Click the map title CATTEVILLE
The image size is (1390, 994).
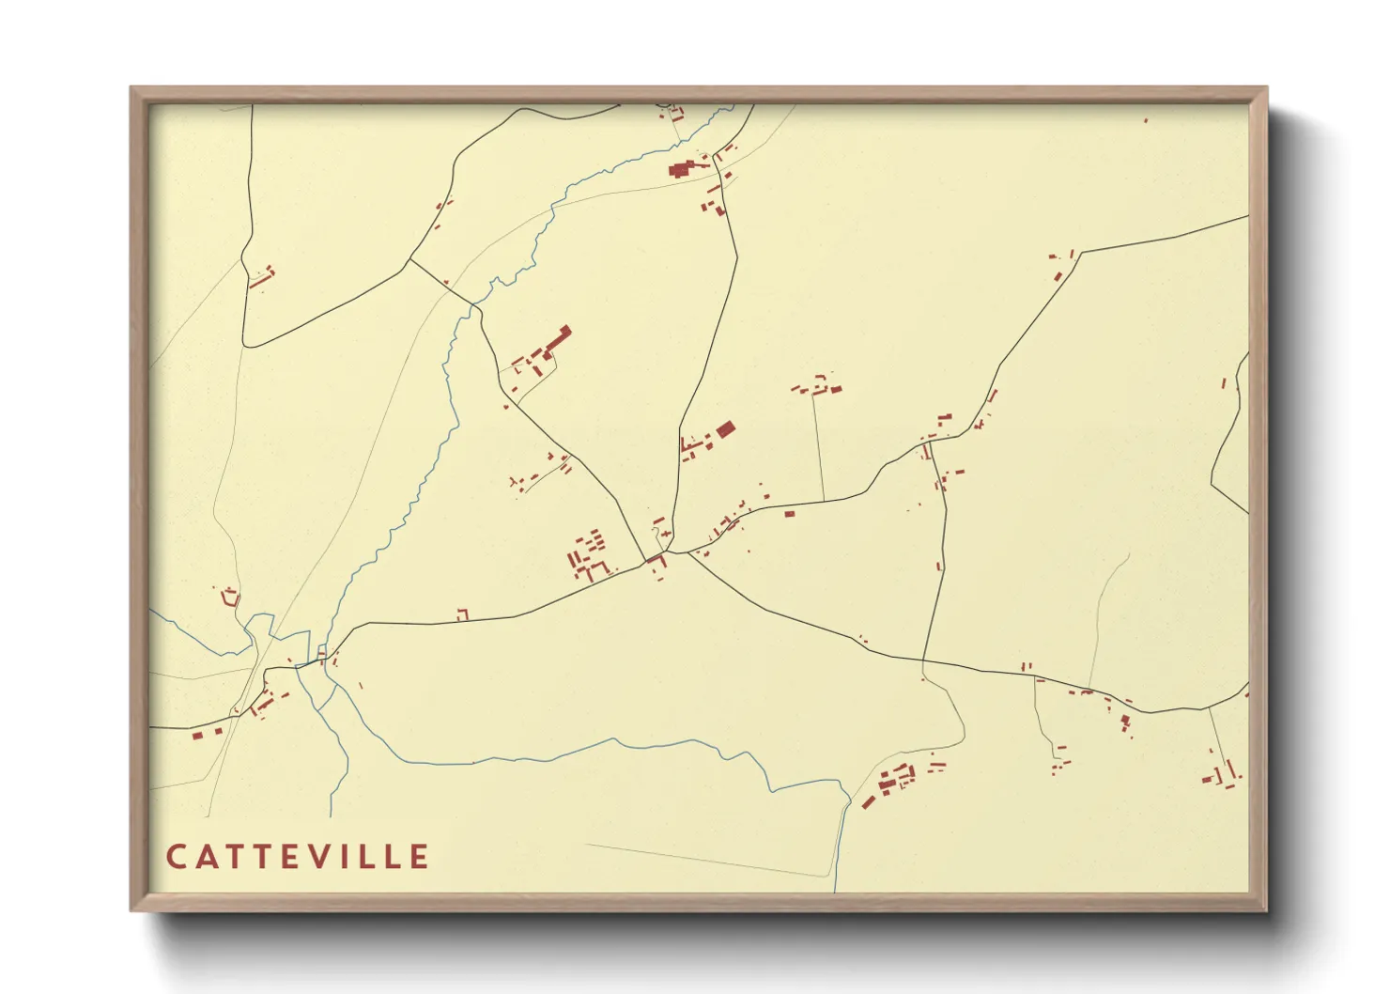pos(298,857)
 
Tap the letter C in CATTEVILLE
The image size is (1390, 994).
pos(176,857)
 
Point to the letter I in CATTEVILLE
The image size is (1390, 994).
pos(353,857)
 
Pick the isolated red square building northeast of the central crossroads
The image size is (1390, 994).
pos(724,429)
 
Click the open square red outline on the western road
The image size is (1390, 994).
pos(462,614)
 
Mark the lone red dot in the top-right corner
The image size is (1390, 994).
pos(1146,120)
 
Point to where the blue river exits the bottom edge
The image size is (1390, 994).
pos(834,888)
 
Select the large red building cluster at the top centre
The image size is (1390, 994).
pos(683,170)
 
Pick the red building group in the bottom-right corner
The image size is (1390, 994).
pos(1221,776)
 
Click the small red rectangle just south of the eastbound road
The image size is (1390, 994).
pos(790,513)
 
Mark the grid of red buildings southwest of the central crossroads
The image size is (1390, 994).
pos(588,555)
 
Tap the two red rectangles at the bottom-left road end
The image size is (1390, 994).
pos(208,733)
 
